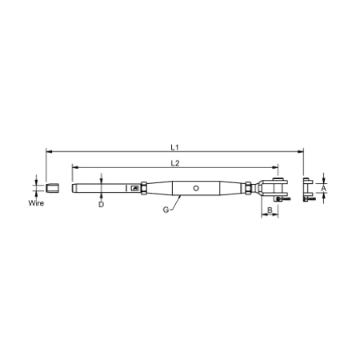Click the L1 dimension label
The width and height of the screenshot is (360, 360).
coord(175,146)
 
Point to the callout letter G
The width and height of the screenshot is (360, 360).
coord(166,210)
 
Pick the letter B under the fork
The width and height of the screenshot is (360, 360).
coord(270,210)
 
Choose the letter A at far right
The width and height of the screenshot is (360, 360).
coord(323,189)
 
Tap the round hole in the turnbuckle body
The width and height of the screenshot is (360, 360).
coord(196,189)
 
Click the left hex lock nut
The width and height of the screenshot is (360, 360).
coord(144,189)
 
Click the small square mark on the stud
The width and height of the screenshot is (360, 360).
coord(135,189)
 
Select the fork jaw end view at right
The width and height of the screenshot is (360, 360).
coord(307,190)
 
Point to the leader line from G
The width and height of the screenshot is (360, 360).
coord(172,203)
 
